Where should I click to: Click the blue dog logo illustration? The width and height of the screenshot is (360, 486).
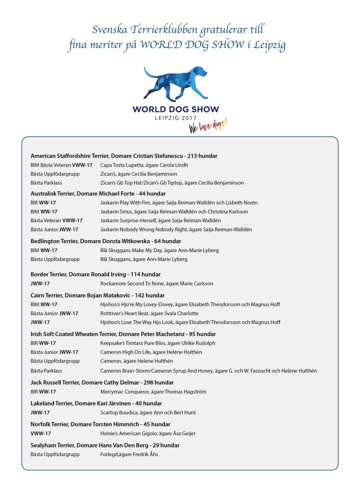pos(176,84)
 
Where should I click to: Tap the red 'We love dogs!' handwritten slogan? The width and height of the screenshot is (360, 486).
pos(208,126)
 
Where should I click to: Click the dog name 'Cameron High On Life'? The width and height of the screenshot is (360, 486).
pos(126,352)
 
